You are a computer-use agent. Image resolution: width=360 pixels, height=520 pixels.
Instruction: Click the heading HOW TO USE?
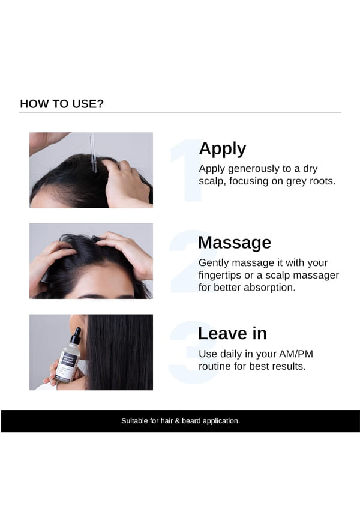pyautogui.click(x=62, y=104)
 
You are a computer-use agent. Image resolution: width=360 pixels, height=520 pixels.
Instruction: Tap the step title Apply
pyautogui.click(x=223, y=149)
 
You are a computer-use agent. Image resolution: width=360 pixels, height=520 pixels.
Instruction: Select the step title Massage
pyautogui.click(x=235, y=243)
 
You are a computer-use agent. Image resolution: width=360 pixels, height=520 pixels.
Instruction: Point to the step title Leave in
pyautogui.click(x=232, y=333)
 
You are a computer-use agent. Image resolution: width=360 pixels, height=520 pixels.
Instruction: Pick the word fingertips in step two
pyautogui.click(x=220, y=275)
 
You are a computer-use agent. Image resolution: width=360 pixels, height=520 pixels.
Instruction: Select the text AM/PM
pyautogui.click(x=296, y=354)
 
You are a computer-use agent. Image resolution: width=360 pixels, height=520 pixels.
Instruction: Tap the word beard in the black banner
pyautogui.click(x=191, y=421)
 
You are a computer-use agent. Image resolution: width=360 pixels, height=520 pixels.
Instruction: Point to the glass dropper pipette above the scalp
pyautogui.click(x=93, y=152)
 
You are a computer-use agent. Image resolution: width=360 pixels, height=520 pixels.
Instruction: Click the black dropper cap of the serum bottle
pyautogui.click(x=76, y=336)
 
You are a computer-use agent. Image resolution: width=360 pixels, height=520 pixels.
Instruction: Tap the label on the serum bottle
pyautogui.click(x=68, y=364)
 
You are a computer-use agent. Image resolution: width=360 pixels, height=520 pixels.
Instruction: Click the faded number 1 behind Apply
pyautogui.click(x=186, y=170)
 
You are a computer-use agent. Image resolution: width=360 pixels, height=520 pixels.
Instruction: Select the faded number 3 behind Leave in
pyautogui.click(x=192, y=352)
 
